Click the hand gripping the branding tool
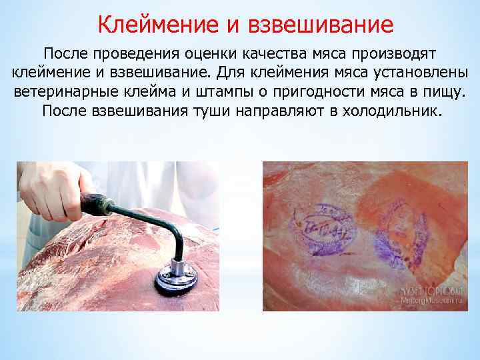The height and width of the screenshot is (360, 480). [x=53, y=190]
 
